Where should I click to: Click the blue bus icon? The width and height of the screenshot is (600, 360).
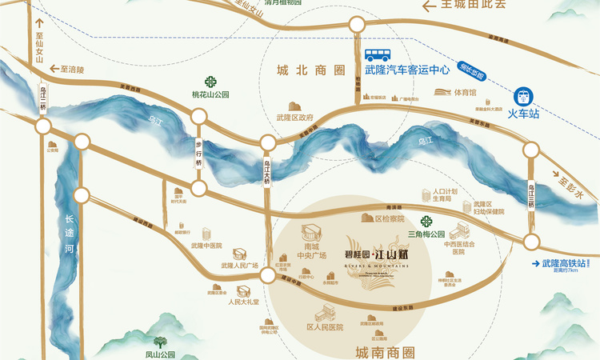tap(379, 55)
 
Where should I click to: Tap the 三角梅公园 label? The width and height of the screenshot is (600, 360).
tap(425, 234)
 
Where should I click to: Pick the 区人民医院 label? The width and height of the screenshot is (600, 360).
tap(324, 327)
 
